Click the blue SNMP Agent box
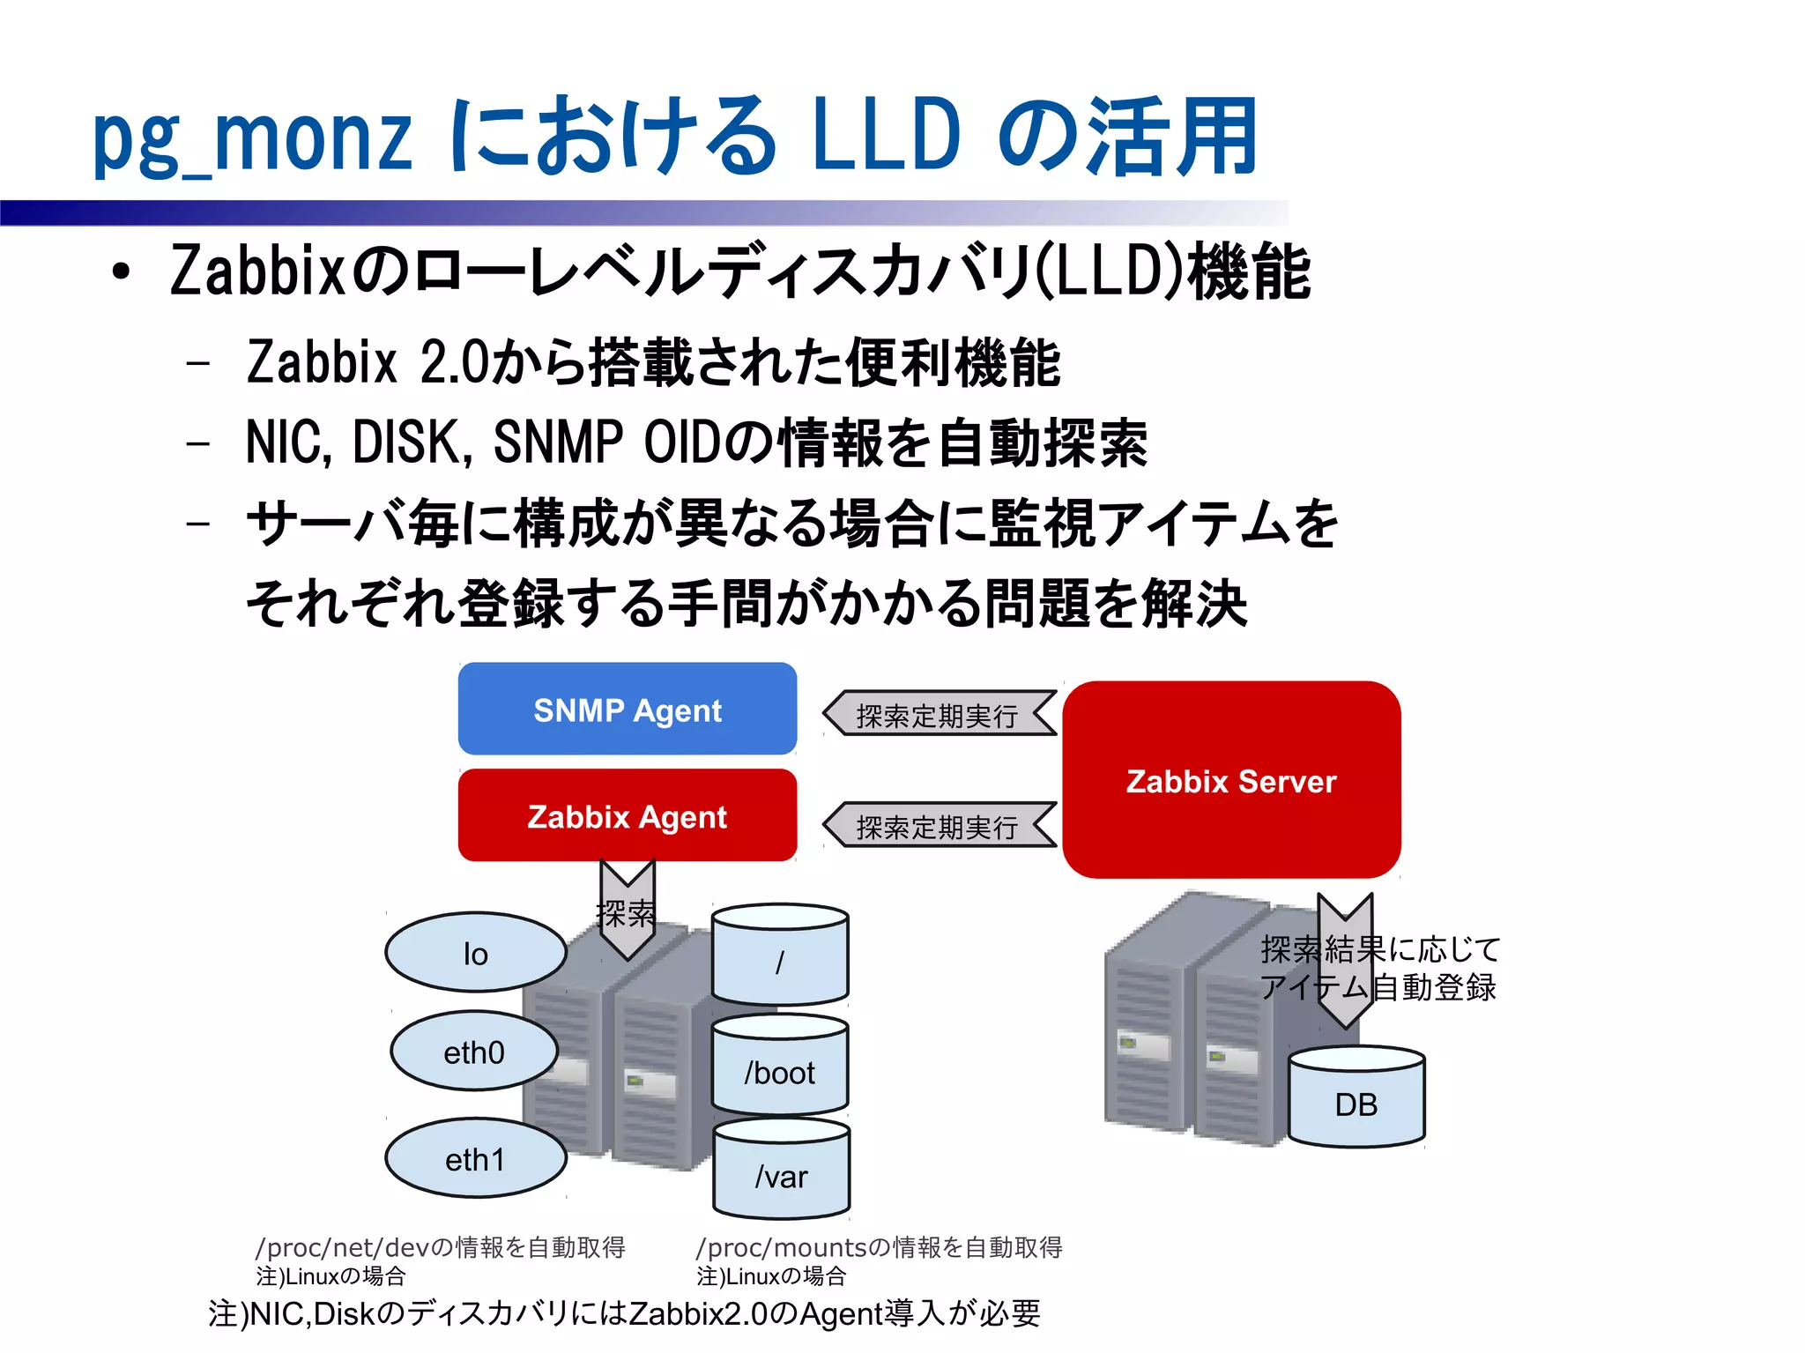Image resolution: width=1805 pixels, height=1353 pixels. [627, 709]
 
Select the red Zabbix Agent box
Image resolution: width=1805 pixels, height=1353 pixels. [627, 815]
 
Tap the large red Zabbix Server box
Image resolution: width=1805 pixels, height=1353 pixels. [1230, 780]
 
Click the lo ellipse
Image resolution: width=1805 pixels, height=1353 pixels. [475, 953]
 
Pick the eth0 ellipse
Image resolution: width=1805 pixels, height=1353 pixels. [474, 1052]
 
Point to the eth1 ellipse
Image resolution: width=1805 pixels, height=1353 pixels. [475, 1159]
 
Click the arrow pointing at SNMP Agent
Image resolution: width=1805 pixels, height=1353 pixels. [938, 714]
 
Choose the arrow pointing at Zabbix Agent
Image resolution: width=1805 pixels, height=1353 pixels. [938, 826]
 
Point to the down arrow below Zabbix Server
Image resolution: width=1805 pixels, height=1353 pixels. [1345, 961]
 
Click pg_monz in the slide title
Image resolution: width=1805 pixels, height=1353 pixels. [252, 137]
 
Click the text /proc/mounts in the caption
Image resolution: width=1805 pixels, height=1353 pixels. [781, 1247]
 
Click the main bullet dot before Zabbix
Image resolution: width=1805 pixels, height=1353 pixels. [121, 272]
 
